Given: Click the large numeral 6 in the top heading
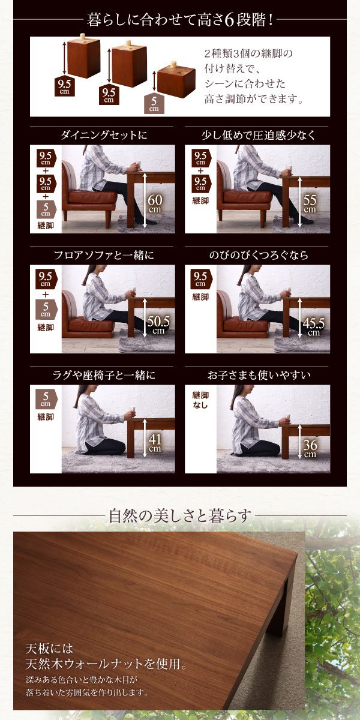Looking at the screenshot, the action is coord(229,21).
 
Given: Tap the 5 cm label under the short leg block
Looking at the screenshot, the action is coord(154,104).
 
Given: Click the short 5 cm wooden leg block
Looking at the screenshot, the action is coord(176,80).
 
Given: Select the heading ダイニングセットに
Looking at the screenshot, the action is coord(104,135).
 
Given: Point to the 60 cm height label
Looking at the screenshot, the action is coord(155,203).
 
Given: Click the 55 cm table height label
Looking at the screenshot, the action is coord(310,203).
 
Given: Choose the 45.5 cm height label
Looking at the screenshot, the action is coord(313,326).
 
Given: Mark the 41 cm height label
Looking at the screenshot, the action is coord(155,442).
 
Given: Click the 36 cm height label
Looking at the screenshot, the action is coord(310,448).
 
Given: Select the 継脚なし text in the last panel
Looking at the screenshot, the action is coord(200,400).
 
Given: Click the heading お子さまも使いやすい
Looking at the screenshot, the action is coord(259,375).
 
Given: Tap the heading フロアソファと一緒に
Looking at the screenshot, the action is coord(104,255).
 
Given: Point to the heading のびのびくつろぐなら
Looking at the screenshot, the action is coord(259,255).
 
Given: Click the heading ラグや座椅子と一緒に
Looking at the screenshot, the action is coord(104,375).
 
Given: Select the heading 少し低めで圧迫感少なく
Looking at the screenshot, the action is coord(259,136).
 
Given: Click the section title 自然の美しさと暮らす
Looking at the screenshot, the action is coord(180,515).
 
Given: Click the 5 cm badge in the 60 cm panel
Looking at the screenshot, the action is coord(46,209).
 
